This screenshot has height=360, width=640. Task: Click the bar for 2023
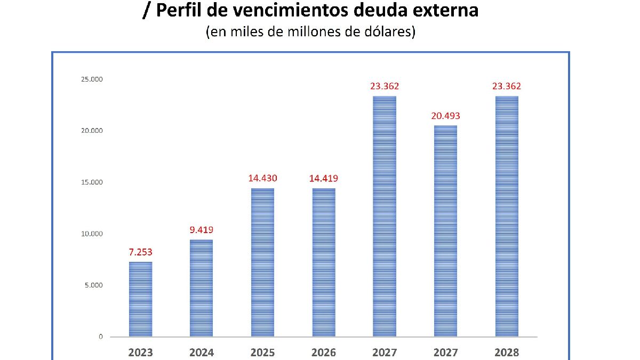[140, 299]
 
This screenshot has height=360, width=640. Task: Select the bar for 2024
[201, 288]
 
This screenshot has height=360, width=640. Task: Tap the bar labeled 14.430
[262, 262]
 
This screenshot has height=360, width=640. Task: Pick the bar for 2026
[324, 262]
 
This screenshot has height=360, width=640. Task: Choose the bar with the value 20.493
[445, 231]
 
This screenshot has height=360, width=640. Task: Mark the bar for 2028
[507, 216]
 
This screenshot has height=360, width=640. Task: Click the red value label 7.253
[140, 252]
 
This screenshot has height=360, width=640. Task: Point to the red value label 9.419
[201, 230]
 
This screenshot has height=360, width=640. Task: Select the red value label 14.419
[324, 178]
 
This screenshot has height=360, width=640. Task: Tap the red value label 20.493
[445, 116]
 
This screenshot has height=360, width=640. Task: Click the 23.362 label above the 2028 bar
[507, 86]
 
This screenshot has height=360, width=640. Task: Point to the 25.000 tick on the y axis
[92, 79]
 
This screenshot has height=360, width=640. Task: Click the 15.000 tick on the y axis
[92, 182]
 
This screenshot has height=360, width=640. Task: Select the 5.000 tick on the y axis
[93, 285]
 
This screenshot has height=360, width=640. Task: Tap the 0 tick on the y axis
[100, 337]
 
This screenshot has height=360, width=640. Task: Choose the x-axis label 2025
[262, 353]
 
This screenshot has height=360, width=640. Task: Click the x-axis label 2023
[140, 353]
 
